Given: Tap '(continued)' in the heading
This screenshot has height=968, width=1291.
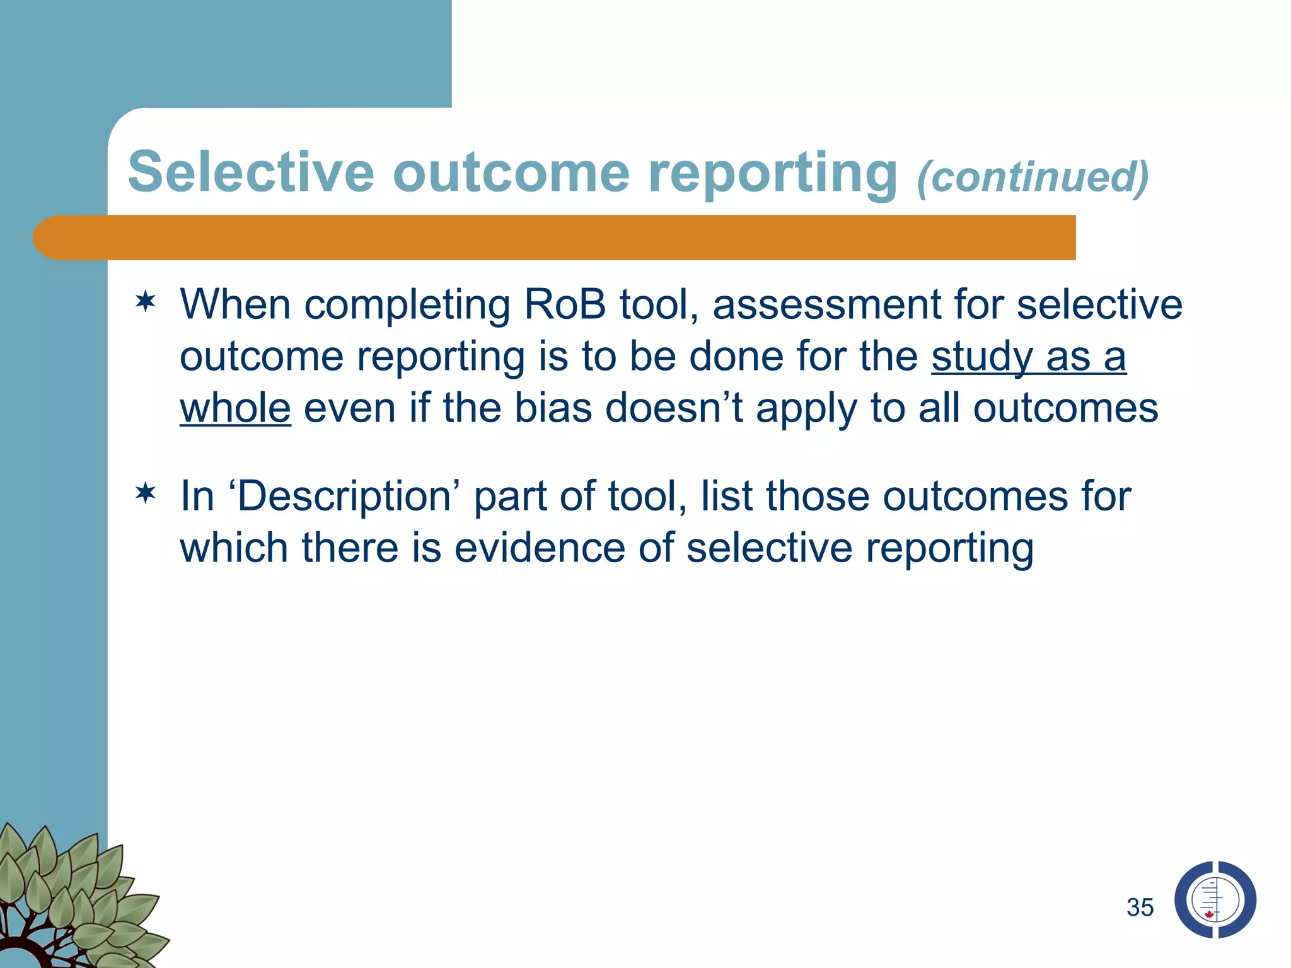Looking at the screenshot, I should coord(1033,177).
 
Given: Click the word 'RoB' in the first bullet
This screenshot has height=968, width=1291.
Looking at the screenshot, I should coord(564,305).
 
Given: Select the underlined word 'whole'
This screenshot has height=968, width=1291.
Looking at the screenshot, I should coord(235,408).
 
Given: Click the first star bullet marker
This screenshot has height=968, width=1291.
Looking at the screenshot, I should coord(146,302).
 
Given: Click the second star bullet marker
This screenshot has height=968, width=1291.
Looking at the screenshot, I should coord(146,493).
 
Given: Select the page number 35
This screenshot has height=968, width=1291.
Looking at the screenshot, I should coord(1140,907).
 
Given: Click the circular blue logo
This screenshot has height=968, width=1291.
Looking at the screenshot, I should coord(1215,900).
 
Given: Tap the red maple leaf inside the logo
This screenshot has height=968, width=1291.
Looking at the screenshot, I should coord(1209,914).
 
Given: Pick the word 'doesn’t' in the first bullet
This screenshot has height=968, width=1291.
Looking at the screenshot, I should coord(674,408).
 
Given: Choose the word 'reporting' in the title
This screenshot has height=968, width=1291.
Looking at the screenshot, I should coord(772,173).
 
